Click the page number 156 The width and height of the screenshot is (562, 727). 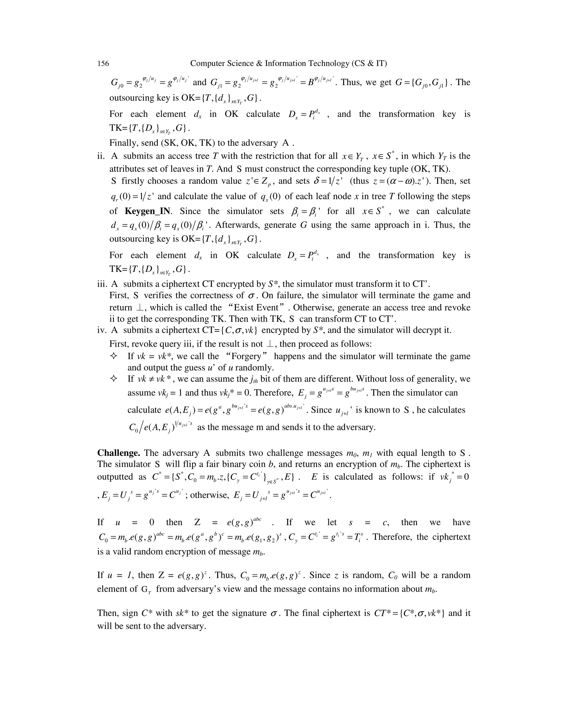point(103,63)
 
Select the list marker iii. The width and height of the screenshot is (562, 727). point(102,284)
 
